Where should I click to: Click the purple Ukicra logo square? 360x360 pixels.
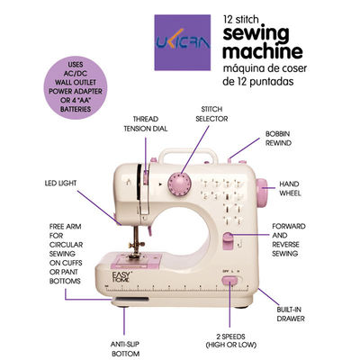pyautogui.click(x=183, y=42)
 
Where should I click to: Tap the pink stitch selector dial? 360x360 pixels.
pyautogui.click(x=180, y=185)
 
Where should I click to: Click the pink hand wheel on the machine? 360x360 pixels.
pyautogui.click(x=262, y=193)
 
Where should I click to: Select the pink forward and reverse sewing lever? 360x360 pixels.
pyautogui.click(x=228, y=242)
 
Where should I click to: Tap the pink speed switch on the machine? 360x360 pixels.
pyautogui.click(x=229, y=280)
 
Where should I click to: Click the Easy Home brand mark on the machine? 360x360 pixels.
pyautogui.click(x=121, y=276)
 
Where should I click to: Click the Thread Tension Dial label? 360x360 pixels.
pyautogui.click(x=146, y=124)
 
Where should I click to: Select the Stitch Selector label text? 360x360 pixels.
pyautogui.click(x=211, y=114)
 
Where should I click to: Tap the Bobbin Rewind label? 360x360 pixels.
pyautogui.click(x=278, y=139)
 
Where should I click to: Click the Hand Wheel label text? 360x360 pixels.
pyautogui.click(x=290, y=188)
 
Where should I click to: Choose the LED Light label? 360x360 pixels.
pyautogui.click(x=60, y=183)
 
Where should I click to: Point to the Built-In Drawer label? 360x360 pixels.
pyautogui.click(x=291, y=314)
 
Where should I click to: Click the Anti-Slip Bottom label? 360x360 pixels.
pyautogui.click(x=125, y=349)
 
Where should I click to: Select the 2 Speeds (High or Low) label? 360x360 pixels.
pyautogui.click(x=231, y=340)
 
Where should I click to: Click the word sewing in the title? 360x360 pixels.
pyautogui.click(x=256, y=33)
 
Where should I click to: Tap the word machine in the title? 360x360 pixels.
pyautogui.click(x=263, y=51)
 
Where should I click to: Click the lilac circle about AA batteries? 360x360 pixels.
pyautogui.click(x=76, y=87)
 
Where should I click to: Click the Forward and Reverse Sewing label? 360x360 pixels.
pyautogui.click(x=289, y=239)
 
